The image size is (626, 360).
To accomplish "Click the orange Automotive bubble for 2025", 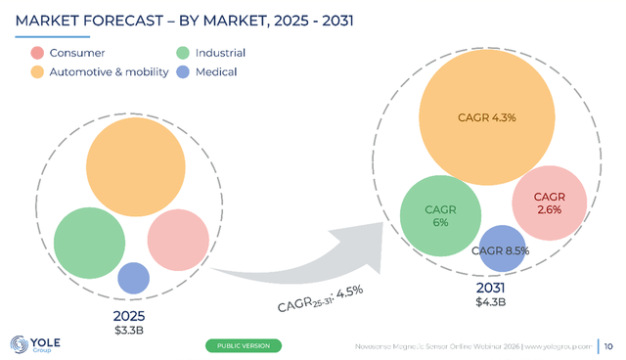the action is click(x=136, y=167).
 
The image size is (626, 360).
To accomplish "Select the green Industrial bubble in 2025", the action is click(x=89, y=243).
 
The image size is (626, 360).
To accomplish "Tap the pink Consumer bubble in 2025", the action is click(x=178, y=240).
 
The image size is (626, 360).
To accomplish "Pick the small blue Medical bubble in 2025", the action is click(x=134, y=278).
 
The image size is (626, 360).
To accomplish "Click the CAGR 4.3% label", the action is click(x=487, y=117).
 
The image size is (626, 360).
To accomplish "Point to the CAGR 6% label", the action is click(x=440, y=216).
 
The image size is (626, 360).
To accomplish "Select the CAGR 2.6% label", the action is click(x=550, y=203).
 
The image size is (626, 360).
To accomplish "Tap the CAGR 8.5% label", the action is click(x=500, y=250).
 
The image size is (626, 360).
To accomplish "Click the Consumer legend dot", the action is click(x=37, y=53).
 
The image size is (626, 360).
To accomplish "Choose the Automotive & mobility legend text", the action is click(x=109, y=71).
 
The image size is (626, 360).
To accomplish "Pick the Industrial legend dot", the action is click(x=183, y=53).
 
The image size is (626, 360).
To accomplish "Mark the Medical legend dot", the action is click(x=183, y=71).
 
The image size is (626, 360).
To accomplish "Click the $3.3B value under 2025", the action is click(x=129, y=331).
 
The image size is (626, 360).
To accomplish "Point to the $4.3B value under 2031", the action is click(x=491, y=302).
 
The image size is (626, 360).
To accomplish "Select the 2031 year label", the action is click(x=491, y=288).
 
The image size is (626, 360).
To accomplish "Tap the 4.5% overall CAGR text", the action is click(x=350, y=292).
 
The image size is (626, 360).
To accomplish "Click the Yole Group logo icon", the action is click(x=20, y=344).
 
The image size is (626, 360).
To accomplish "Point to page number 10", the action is click(x=608, y=346).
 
